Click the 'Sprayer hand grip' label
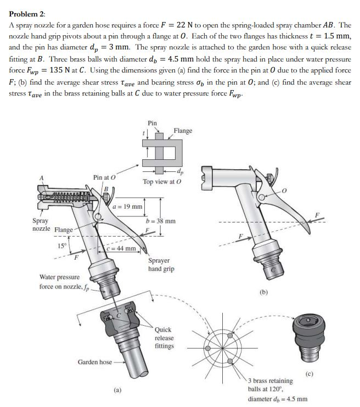161,265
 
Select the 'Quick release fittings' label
164,338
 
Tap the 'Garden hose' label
94,362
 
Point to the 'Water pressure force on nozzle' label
60,282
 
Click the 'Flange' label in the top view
183,131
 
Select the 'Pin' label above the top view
153,122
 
